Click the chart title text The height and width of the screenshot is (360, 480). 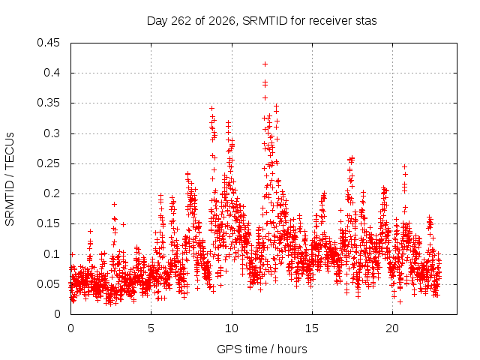pos(262,21)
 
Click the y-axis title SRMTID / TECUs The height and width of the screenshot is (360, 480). pos(10,179)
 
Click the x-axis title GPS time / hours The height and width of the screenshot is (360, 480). pos(262,349)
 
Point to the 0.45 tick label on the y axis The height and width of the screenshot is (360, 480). pos(48,43)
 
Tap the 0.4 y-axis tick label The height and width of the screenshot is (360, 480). pos(52,73)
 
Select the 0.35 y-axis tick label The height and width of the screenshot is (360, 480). pos(48,103)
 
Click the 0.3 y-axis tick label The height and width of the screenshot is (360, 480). pos(52,133)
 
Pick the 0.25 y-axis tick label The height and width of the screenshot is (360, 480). pos(48,163)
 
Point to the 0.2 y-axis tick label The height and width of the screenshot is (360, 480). pos(52,193)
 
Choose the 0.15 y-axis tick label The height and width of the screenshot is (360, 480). pos(48,223)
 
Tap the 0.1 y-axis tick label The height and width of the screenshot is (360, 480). pos(52,253)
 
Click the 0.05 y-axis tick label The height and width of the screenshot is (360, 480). pos(48,284)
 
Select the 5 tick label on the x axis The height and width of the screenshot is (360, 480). pos(151,328)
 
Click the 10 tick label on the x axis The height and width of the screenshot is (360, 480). pos(232,328)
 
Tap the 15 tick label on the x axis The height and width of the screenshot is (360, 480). pos(312,328)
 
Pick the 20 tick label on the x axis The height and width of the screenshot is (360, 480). pos(392,328)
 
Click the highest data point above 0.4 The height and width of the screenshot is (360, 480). pos(265,64)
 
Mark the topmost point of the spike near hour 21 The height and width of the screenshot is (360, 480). pos(405,166)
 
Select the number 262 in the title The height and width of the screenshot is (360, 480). pos(181,21)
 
